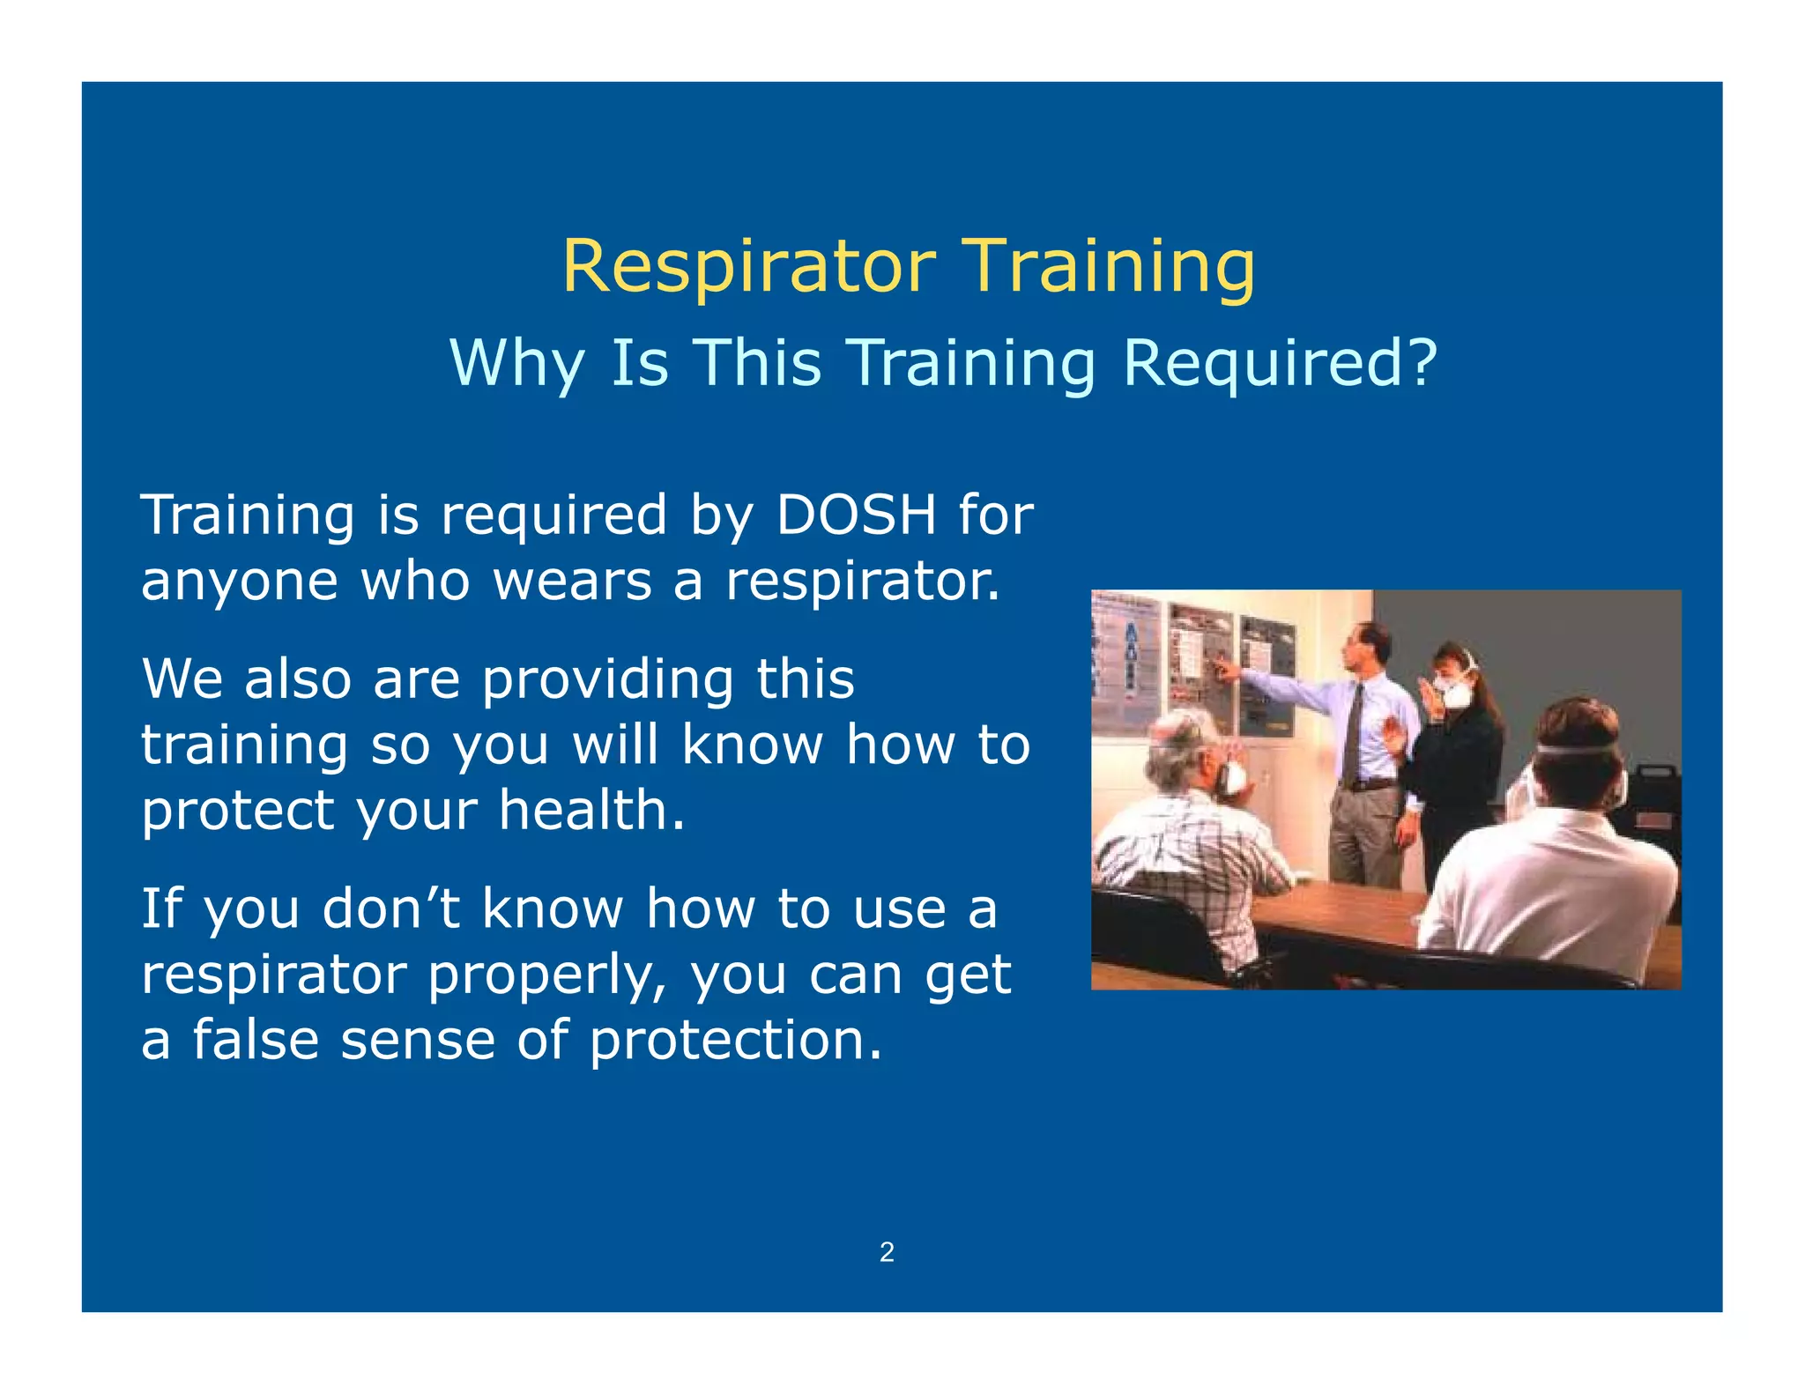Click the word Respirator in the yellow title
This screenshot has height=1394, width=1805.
748,267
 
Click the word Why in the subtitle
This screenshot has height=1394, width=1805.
516,363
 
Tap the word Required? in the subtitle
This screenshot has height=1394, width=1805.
1280,363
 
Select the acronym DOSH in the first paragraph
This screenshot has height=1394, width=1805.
855,515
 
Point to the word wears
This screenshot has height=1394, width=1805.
572,582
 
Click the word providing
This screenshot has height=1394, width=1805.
607,680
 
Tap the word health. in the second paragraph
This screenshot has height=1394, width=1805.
591,811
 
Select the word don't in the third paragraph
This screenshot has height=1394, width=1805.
390,908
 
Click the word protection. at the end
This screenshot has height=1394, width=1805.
735,1041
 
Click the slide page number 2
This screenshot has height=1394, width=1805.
887,1252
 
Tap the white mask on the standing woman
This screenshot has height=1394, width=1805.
1455,693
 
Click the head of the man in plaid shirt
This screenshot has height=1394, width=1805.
1181,749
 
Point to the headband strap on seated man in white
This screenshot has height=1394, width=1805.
1578,751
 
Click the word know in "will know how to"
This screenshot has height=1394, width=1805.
751,745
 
